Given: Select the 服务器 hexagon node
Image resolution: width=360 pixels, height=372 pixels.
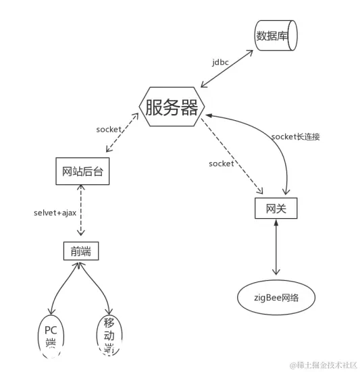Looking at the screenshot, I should (x=171, y=107).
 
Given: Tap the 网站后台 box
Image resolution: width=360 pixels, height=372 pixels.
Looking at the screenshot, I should (x=82, y=171).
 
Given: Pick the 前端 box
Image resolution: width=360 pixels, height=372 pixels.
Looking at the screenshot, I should (x=80, y=252).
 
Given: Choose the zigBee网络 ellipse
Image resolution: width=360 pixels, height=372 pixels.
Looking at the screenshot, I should (x=277, y=297).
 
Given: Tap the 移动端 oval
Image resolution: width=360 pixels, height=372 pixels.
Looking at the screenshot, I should (x=108, y=334).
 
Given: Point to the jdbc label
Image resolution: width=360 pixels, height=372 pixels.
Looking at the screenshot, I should (x=220, y=62).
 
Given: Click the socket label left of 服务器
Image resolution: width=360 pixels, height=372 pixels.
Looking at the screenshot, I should (x=109, y=128).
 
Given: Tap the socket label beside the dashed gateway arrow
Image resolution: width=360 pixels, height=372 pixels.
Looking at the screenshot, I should (x=221, y=163).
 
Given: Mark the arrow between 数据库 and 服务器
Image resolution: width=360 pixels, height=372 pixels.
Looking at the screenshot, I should (x=227, y=70).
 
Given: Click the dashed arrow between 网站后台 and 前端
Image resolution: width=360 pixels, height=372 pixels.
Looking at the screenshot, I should (x=81, y=211).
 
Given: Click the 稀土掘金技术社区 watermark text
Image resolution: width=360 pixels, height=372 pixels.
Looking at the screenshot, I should (x=324, y=365).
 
